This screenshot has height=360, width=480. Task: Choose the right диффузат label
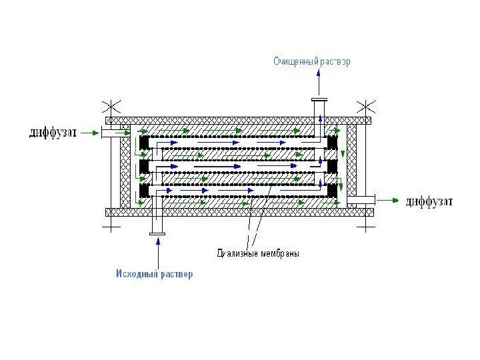[430, 201]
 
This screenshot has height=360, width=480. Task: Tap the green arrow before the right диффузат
[391, 199]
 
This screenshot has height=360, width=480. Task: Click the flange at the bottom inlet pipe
[157, 233]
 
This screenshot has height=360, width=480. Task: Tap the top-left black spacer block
[143, 143]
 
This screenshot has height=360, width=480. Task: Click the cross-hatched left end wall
[123, 167]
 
